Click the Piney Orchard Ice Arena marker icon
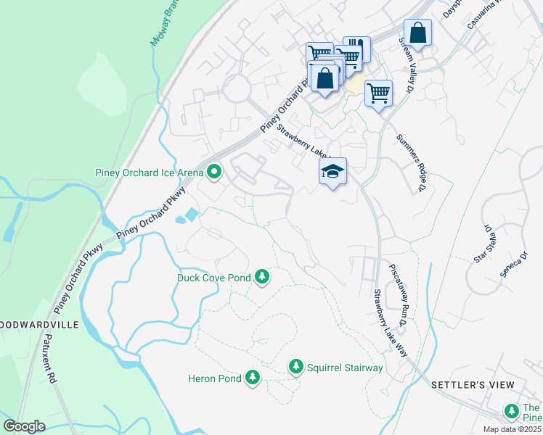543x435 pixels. (214, 173)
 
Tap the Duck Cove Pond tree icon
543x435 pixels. (262, 278)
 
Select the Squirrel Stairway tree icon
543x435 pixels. (295, 368)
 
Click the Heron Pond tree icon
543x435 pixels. (252, 378)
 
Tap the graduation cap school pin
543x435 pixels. (332, 172)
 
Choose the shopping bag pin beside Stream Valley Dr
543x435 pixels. (417, 33)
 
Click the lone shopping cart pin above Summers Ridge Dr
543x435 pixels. (378, 93)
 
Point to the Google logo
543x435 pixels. (25, 426)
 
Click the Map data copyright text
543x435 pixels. (512, 429)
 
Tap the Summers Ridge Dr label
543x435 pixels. (410, 163)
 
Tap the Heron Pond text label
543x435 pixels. (214, 378)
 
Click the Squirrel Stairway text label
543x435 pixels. (344, 368)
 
